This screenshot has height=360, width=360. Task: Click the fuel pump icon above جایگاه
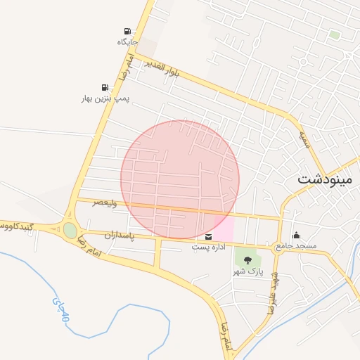(127, 31)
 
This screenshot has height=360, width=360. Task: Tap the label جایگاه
(127, 42)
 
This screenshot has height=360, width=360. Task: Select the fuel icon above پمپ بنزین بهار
(105, 87)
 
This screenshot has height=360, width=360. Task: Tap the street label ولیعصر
(106, 202)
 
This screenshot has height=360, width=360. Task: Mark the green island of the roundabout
(70, 230)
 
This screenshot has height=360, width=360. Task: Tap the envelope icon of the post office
(209, 237)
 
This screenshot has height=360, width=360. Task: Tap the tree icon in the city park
(247, 261)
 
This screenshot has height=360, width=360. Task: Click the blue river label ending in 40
(61, 309)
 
